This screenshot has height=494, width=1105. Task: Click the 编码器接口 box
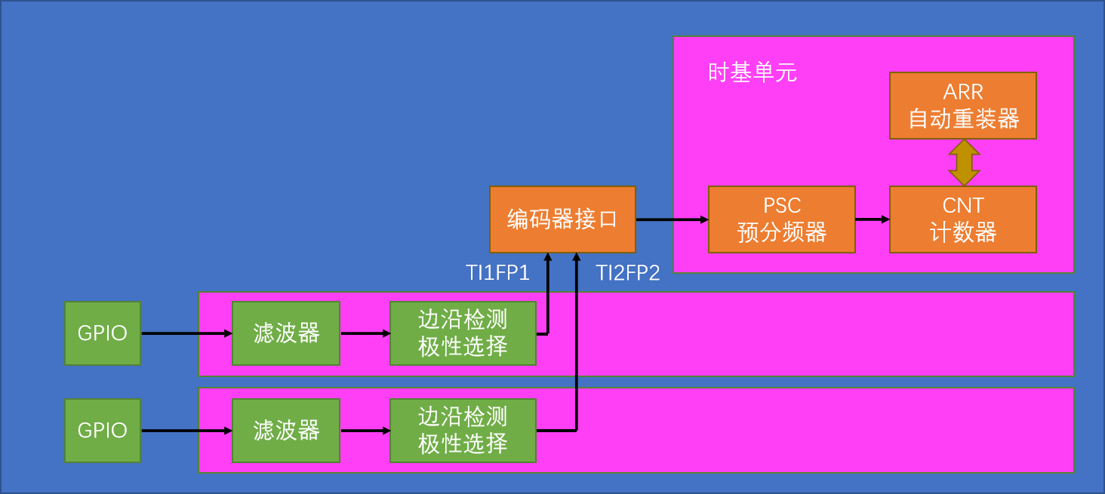pos(562,219)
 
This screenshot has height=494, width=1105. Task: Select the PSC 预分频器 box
pos(781,219)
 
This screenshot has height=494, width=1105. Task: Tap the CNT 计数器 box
pos(962,219)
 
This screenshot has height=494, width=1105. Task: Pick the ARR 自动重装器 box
pos(962,106)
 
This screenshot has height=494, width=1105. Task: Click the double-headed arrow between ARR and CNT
pos(964,163)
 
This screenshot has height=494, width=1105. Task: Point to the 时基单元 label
pos(752,73)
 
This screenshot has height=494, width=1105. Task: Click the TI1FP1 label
pos(497,273)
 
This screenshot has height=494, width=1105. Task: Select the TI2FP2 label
pos(627,273)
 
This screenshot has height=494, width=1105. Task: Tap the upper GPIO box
pos(103,333)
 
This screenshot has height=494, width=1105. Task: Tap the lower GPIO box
pos(103,431)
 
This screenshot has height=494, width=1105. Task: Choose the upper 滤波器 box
pos(286,333)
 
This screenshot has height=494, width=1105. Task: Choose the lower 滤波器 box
pos(286,431)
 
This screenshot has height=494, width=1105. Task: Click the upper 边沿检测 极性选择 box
pos(463,333)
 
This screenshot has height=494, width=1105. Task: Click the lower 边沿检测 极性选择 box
pos(463,431)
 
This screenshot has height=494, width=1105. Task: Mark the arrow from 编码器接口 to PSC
pos(672,220)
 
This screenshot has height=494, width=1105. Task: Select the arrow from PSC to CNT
pos(872,219)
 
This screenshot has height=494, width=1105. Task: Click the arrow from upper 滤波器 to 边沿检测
pos(365,333)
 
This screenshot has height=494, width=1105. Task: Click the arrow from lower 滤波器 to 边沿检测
pos(365,431)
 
